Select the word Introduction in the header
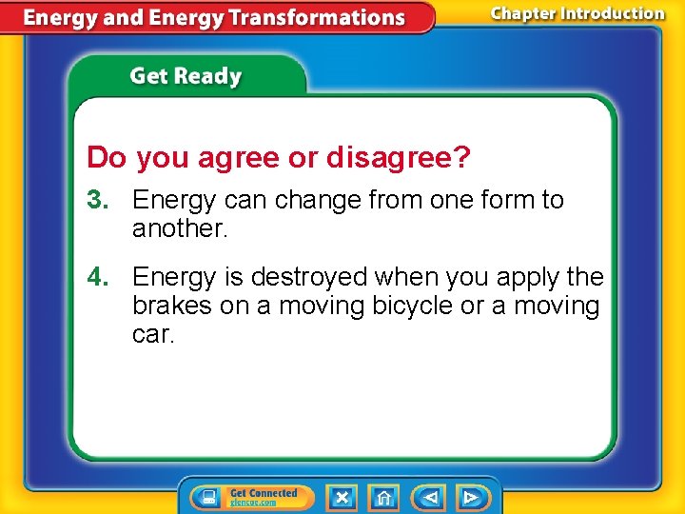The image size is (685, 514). [x=614, y=13]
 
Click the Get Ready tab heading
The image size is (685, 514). [x=186, y=76]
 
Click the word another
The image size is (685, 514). [x=181, y=228]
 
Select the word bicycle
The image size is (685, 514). [x=412, y=306]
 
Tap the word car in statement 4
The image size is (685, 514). [x=153, y=335]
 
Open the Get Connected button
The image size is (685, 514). [x=252, y=497]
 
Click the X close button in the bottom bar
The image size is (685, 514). [x=342, y=497]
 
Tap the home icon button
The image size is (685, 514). [x=383, y=497]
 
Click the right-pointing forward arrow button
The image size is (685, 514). [x=471, y=497]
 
